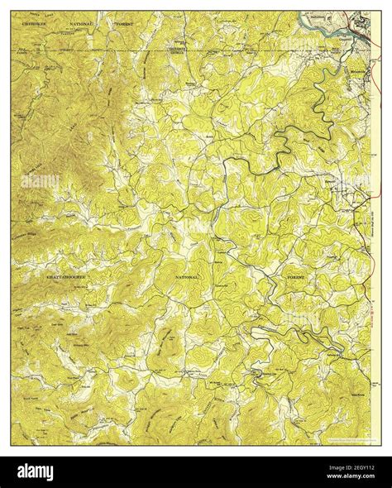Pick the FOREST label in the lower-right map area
tap(295, 275)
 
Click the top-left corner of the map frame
tap(12, 12)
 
